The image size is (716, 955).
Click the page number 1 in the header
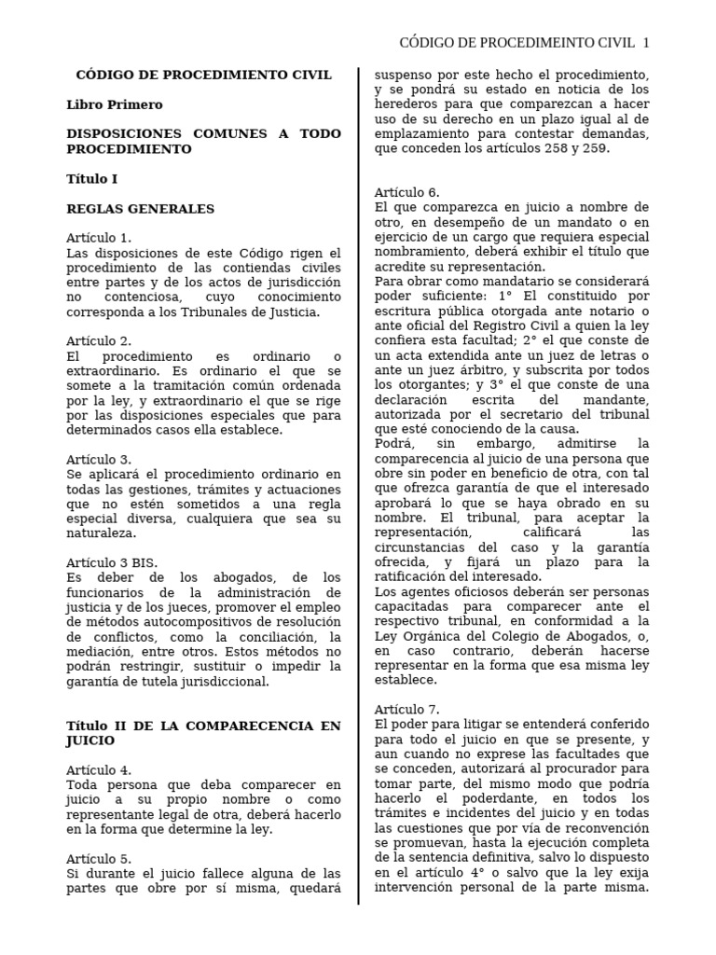click(646, 42)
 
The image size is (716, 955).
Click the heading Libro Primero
click(114, 104)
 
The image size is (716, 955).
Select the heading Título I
click(92, 178)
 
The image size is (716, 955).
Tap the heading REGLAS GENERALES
click(140, 209)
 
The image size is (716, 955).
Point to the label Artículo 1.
click(99, 238)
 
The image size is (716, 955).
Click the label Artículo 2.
click(99, 341)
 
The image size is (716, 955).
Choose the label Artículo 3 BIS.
click(112, 562)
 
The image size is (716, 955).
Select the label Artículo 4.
click(99, 769)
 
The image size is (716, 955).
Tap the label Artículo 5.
click(99, 858)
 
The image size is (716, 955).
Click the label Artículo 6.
click(406, 192)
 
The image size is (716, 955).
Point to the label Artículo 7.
click(406, 709)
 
